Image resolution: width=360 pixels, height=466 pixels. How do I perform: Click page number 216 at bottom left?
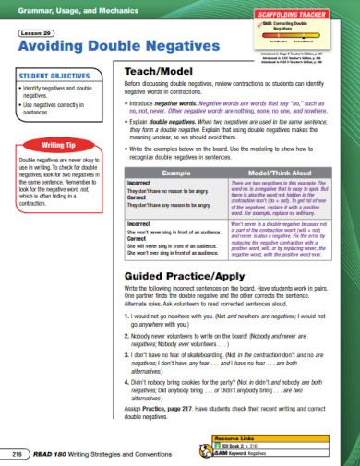[x=16, y=457]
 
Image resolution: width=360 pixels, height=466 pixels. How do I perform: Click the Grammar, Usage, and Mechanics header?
[x=63, y=9]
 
